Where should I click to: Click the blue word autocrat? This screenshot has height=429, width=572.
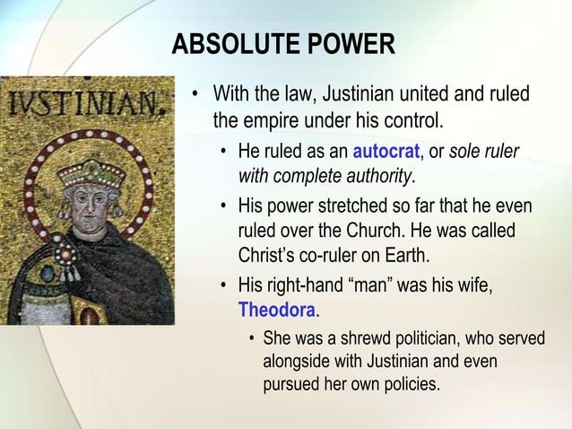pyautogui.click(x=385, y=150)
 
